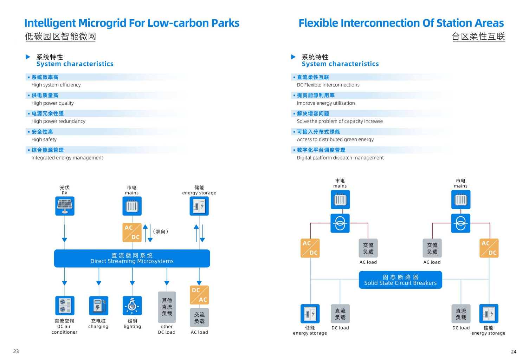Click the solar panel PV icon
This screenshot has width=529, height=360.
65,206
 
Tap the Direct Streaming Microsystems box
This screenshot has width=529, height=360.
132,258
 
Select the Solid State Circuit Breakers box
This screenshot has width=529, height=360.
400,280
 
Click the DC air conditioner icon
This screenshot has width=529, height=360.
65,306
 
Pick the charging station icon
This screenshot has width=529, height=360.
98,306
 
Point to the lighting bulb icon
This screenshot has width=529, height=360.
132,306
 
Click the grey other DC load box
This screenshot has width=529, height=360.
167,307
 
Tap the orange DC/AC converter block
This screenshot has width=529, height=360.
199,295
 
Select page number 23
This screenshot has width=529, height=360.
16,351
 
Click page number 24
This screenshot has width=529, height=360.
514,352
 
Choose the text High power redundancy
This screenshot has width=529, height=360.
58,121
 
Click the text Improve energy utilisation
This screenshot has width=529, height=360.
326,103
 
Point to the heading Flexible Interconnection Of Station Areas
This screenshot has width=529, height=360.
401,23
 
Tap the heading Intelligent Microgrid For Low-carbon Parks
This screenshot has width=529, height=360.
132,23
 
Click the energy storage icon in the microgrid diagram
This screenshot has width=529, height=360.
199,206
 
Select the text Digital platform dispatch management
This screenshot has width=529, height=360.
340,158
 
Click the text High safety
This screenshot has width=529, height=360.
44,139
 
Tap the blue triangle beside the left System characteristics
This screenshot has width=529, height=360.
28,57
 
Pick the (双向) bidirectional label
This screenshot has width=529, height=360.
161,231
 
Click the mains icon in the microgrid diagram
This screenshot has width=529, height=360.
132,206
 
